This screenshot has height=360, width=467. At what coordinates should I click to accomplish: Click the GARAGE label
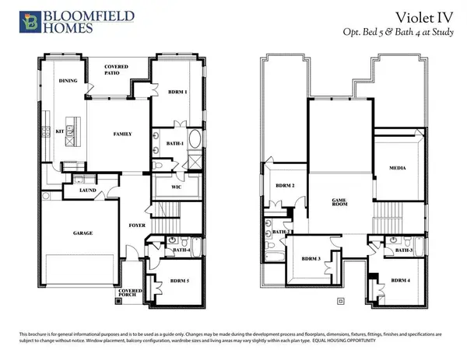pyautogui.click(x=83, y=233)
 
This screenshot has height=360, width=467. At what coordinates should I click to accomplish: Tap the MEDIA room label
pyautogui.click(x=397, y=167)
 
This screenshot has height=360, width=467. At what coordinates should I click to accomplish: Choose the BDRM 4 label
pyautogui.click(x=401, y=280)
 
